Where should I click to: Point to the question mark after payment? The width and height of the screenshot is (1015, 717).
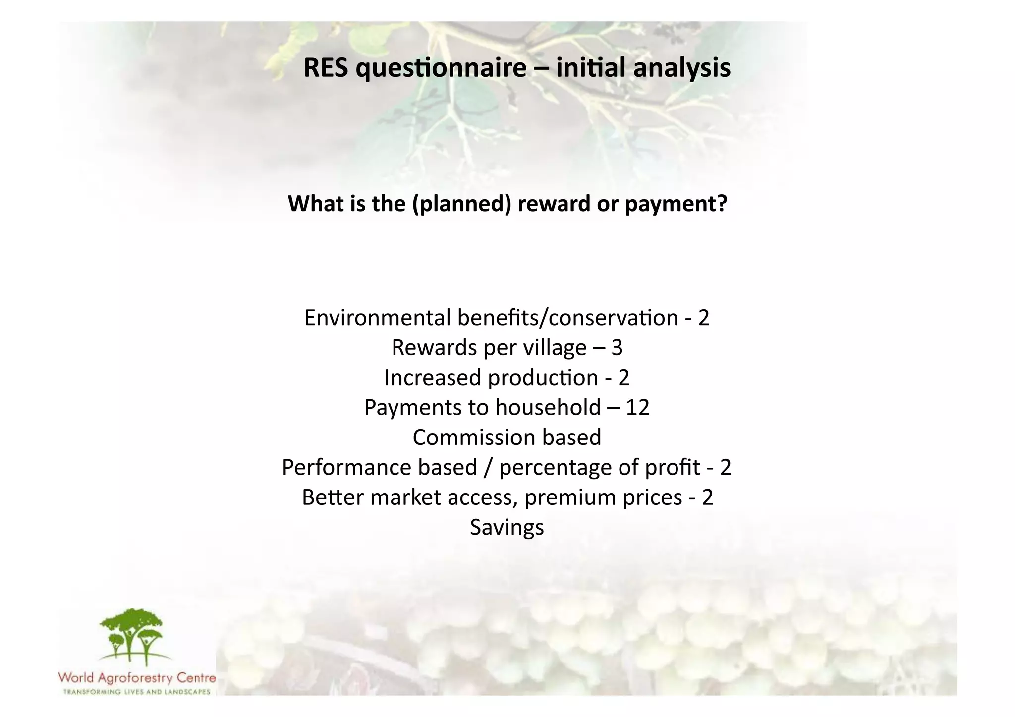point(723,203)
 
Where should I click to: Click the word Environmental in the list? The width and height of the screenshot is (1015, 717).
point(377,318)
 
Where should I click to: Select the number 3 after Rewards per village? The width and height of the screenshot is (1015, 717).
point(617,348)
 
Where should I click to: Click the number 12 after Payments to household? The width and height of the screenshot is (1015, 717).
point(637,408)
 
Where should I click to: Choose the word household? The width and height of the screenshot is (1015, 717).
point(548,408)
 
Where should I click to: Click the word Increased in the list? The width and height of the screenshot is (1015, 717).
point(433,378)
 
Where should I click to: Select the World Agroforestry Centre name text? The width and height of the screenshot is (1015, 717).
point(137,677)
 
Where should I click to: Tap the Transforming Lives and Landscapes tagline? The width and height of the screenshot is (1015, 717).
point(137,692)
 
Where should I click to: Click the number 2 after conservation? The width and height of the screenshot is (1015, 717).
point(704,318)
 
